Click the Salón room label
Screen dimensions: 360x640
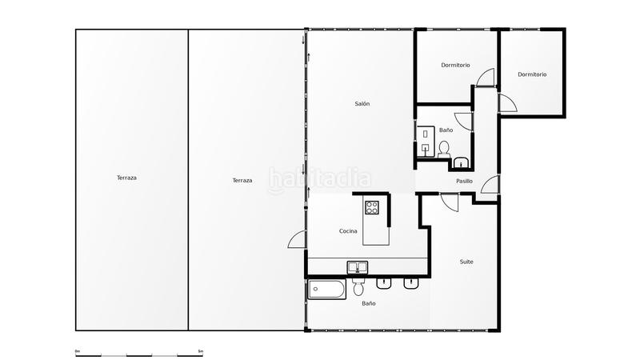(362, 104)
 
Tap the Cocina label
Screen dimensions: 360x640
(348, 231)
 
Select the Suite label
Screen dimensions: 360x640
(466, 262)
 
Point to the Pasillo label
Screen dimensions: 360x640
(464, 181)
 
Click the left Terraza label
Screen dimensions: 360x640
(126, 178)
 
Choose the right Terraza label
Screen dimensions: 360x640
(242, 180)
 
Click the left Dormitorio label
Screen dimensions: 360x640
(455, 65)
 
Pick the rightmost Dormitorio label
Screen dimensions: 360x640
(532, 74)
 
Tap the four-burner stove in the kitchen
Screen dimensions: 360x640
(372, 208)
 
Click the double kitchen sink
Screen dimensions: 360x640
(357, 267)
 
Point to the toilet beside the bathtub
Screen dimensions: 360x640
(358, 288)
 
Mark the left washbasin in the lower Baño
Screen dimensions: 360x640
(384, 282)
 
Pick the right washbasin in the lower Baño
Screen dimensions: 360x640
(411, 282)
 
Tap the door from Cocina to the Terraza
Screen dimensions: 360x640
(297, 238)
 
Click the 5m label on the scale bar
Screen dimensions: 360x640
(201, 351)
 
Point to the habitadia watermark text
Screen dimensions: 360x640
(320, 178)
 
